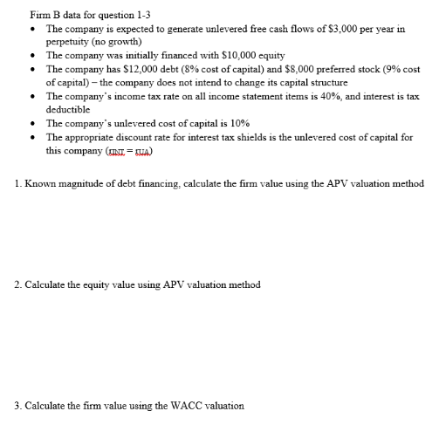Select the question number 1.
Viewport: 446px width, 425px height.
[17, 183]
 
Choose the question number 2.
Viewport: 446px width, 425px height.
[17, 284]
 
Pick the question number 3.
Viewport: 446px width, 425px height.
[17, 405]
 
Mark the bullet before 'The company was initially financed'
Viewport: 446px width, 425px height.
[33, 54]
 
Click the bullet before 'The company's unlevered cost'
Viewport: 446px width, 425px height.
[33, 124]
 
